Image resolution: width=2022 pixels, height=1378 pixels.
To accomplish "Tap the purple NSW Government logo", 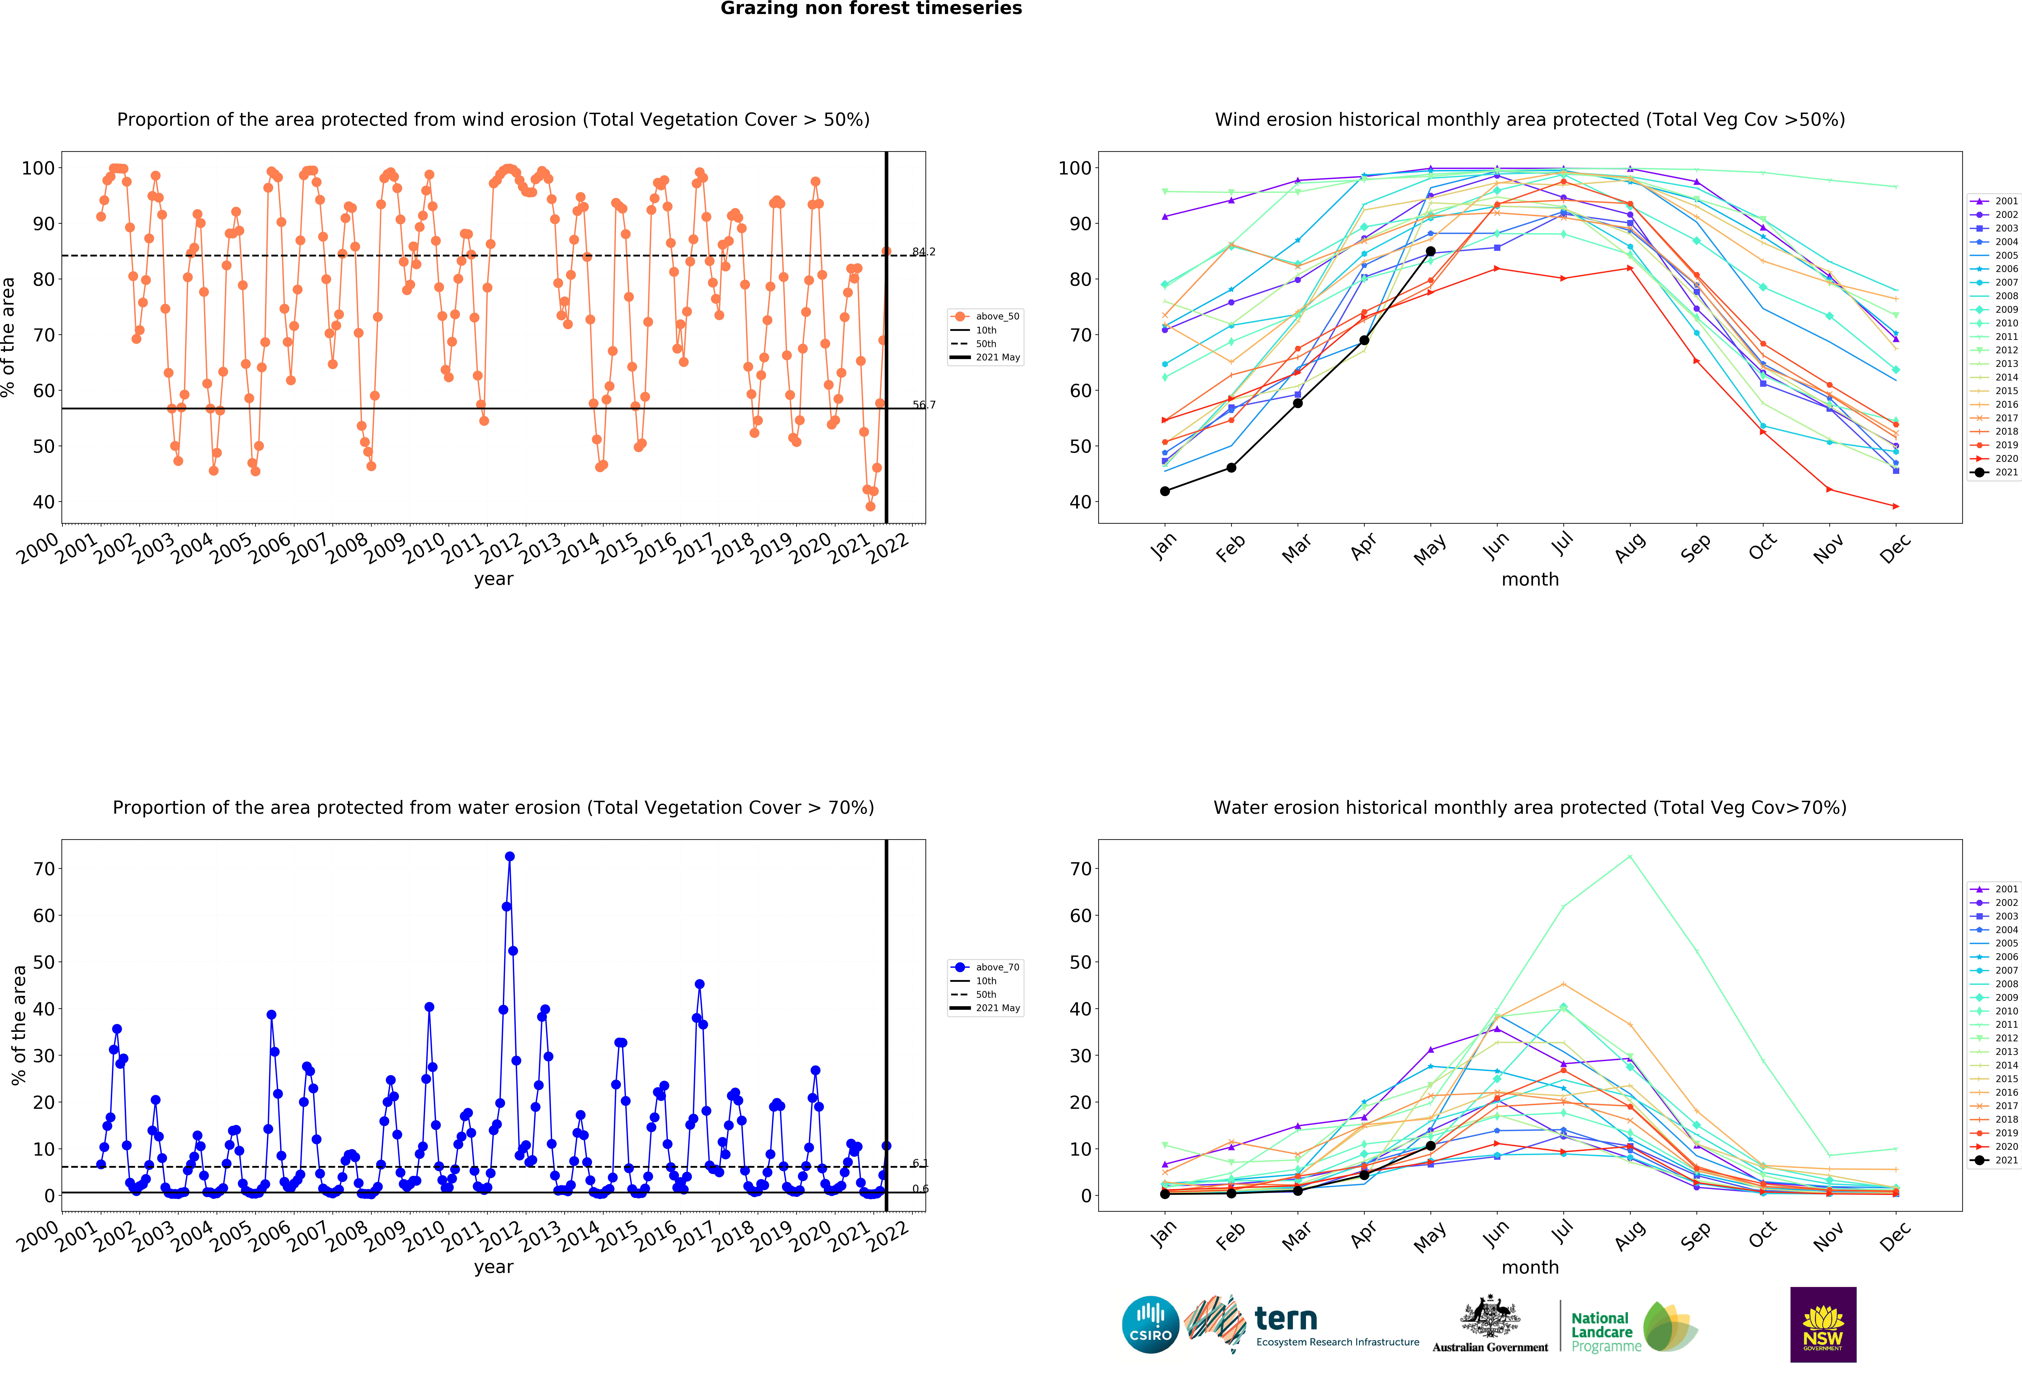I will coord(1823,1324).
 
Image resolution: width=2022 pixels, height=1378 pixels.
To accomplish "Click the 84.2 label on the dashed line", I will coord(923,252).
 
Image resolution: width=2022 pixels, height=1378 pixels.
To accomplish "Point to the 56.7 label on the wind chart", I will coord(923,405).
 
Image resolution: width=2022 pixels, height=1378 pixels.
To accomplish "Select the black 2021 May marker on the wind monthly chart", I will coord(1430,251).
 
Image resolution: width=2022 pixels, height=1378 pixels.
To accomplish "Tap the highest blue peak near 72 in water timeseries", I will coord(510,857).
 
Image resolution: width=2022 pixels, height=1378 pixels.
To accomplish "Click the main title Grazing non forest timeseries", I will coord(871,9).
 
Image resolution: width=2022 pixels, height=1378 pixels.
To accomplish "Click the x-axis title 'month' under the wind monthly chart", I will coord(1529,579).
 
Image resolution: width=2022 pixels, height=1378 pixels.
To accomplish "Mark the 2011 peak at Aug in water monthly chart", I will coord(1630,857).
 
